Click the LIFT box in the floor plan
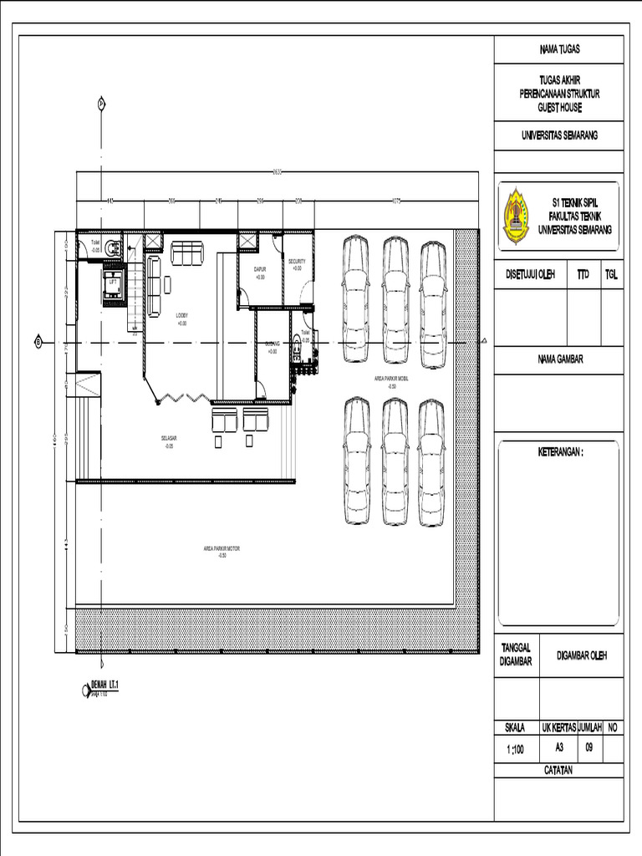[113, 282]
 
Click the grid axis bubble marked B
[38, 340]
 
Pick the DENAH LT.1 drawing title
[105, 685]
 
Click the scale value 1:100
[515, 750]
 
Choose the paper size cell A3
[558, 748]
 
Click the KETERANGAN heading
[559, 452]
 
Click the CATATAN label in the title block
[558, 770]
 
